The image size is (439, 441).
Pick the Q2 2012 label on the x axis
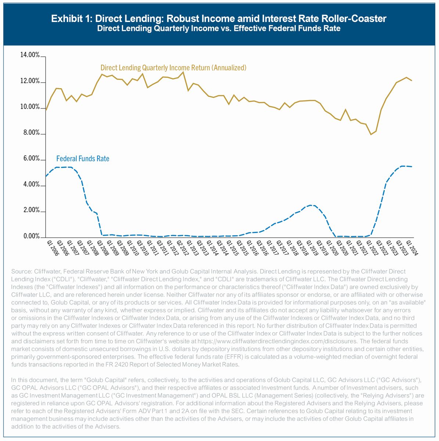coord(183,248)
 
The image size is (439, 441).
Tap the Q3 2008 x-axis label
coord(102,248)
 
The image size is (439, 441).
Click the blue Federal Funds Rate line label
coord(83,159)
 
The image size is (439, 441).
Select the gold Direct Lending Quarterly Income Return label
coord(173,68)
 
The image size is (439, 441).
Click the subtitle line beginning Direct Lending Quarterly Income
coord(219,29)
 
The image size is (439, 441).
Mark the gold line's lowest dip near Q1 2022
coord(371,135)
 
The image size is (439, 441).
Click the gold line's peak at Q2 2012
coord(183,72)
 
